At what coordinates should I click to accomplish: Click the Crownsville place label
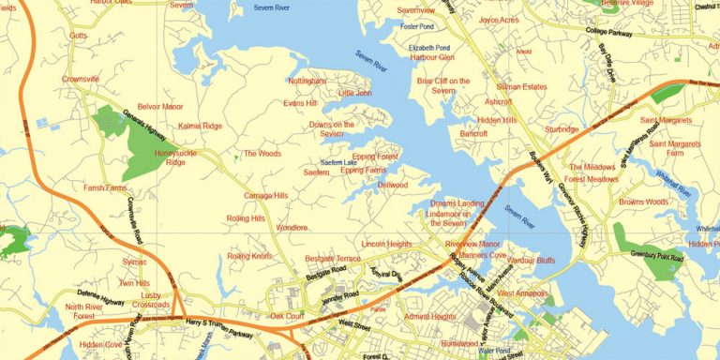point(81,80)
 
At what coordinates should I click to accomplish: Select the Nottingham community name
point(307,82)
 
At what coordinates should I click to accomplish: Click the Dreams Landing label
point(457,203)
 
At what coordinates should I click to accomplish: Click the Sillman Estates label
point(521,86)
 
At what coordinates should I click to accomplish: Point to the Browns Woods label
point(643,202)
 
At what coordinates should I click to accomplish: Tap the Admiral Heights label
point(429,317)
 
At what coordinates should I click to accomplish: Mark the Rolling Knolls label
point(248,256)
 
